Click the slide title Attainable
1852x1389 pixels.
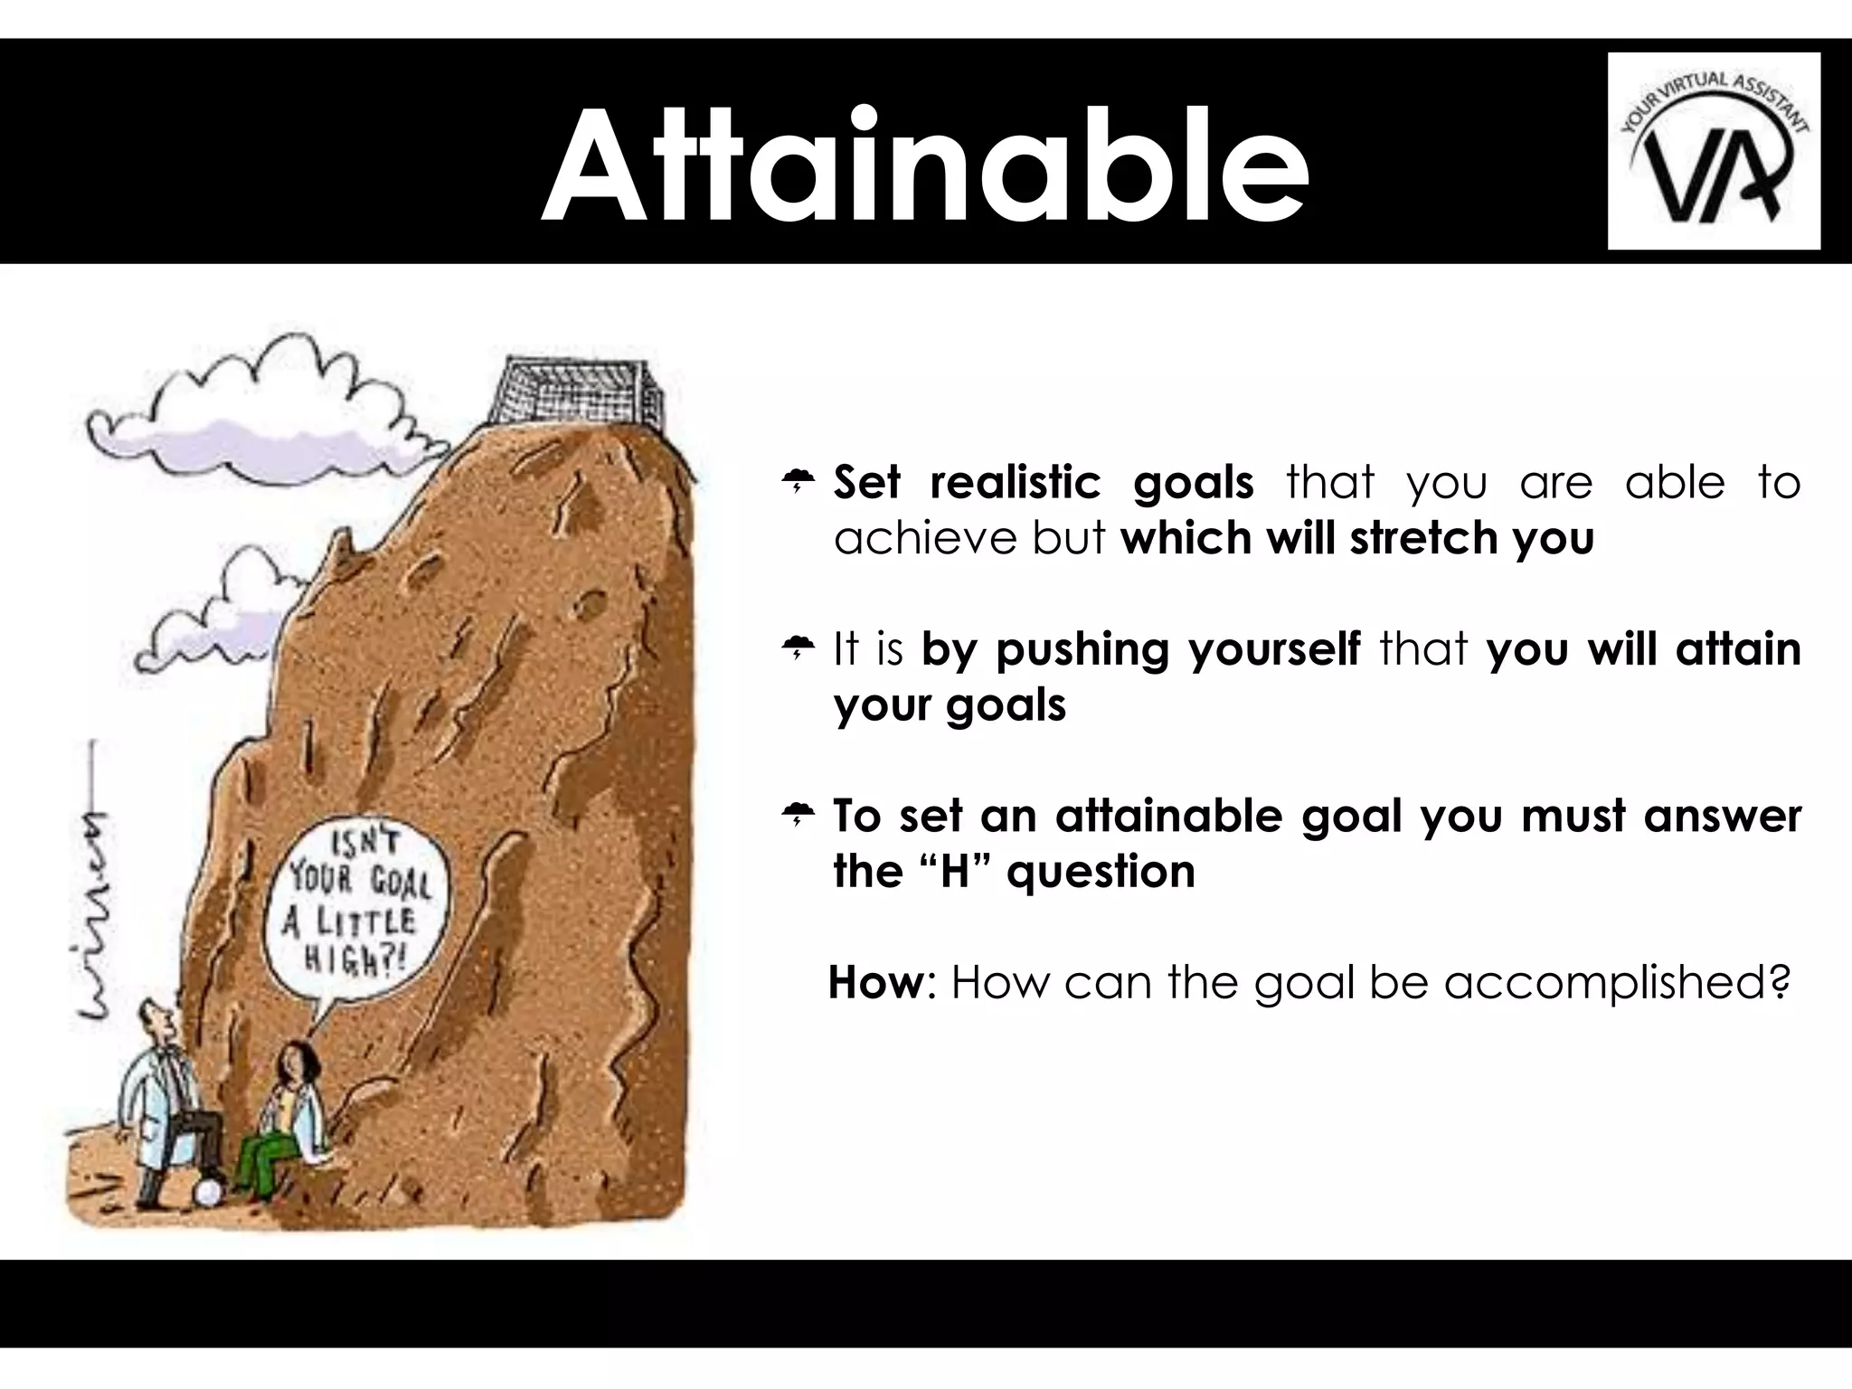(924, 167)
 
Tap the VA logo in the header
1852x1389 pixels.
(1714, 151)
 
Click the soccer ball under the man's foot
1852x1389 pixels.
(210, 1192)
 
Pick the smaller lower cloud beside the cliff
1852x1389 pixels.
(217, 615)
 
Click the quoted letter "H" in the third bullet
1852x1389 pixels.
(955, 872)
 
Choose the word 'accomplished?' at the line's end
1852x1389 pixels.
(1616, 984)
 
